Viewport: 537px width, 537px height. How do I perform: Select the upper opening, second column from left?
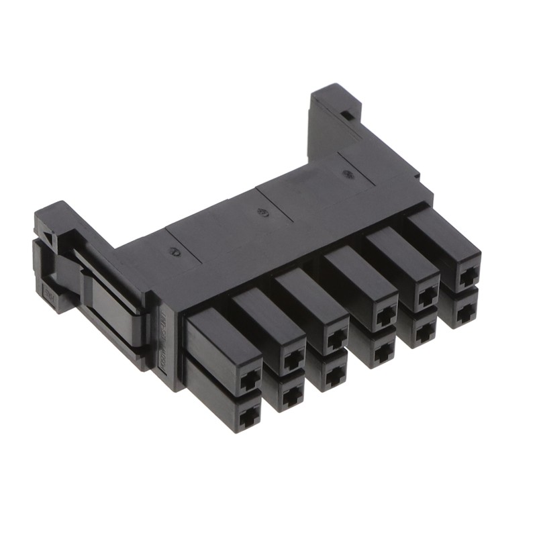pyautogui.click(x=292, y=360)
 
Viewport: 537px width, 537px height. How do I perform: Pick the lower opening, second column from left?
pyautogui.click(x=291, y=397)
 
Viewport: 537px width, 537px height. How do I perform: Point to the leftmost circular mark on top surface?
pyautogui.click(x=176, y=252)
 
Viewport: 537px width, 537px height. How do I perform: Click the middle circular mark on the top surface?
pyautogui.click(x=262, y=213)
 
